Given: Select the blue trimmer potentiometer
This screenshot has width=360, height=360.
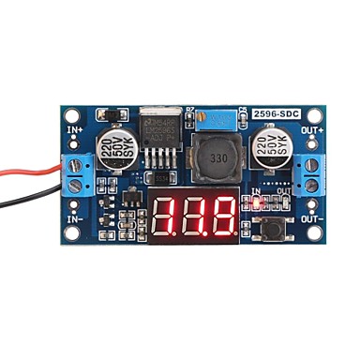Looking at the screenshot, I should coord(224,119).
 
